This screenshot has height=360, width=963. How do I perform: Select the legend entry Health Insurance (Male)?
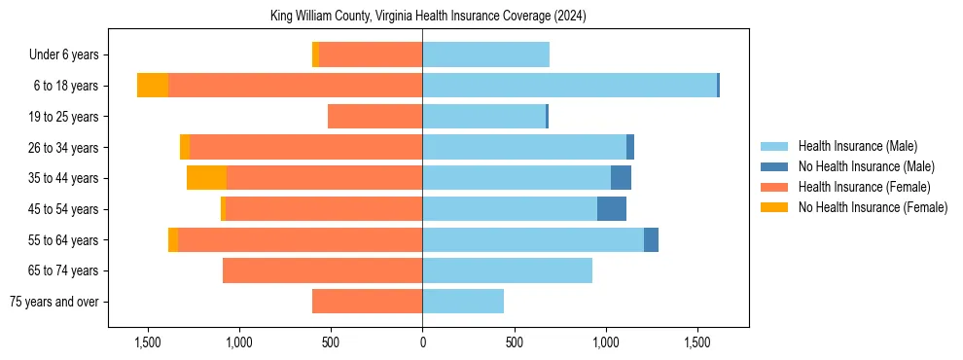857,146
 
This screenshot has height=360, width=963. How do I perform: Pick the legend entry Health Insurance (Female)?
864,187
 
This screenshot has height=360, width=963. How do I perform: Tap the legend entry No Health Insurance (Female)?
873,207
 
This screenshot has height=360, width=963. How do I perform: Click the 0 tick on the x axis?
422,343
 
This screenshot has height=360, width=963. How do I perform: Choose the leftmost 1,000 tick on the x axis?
238,343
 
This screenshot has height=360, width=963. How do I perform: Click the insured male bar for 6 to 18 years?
569,86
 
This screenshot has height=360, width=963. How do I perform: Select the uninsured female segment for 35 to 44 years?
206,178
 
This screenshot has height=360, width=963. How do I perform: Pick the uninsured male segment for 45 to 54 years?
612,209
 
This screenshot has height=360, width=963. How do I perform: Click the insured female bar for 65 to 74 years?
322,270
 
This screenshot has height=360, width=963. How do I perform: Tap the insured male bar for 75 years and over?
463,302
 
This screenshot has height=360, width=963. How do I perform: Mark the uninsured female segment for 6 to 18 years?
153,86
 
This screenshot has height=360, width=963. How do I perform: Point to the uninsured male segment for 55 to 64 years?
651,239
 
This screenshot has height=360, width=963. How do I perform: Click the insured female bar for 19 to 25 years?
374,117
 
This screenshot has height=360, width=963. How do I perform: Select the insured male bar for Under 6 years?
485,55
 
